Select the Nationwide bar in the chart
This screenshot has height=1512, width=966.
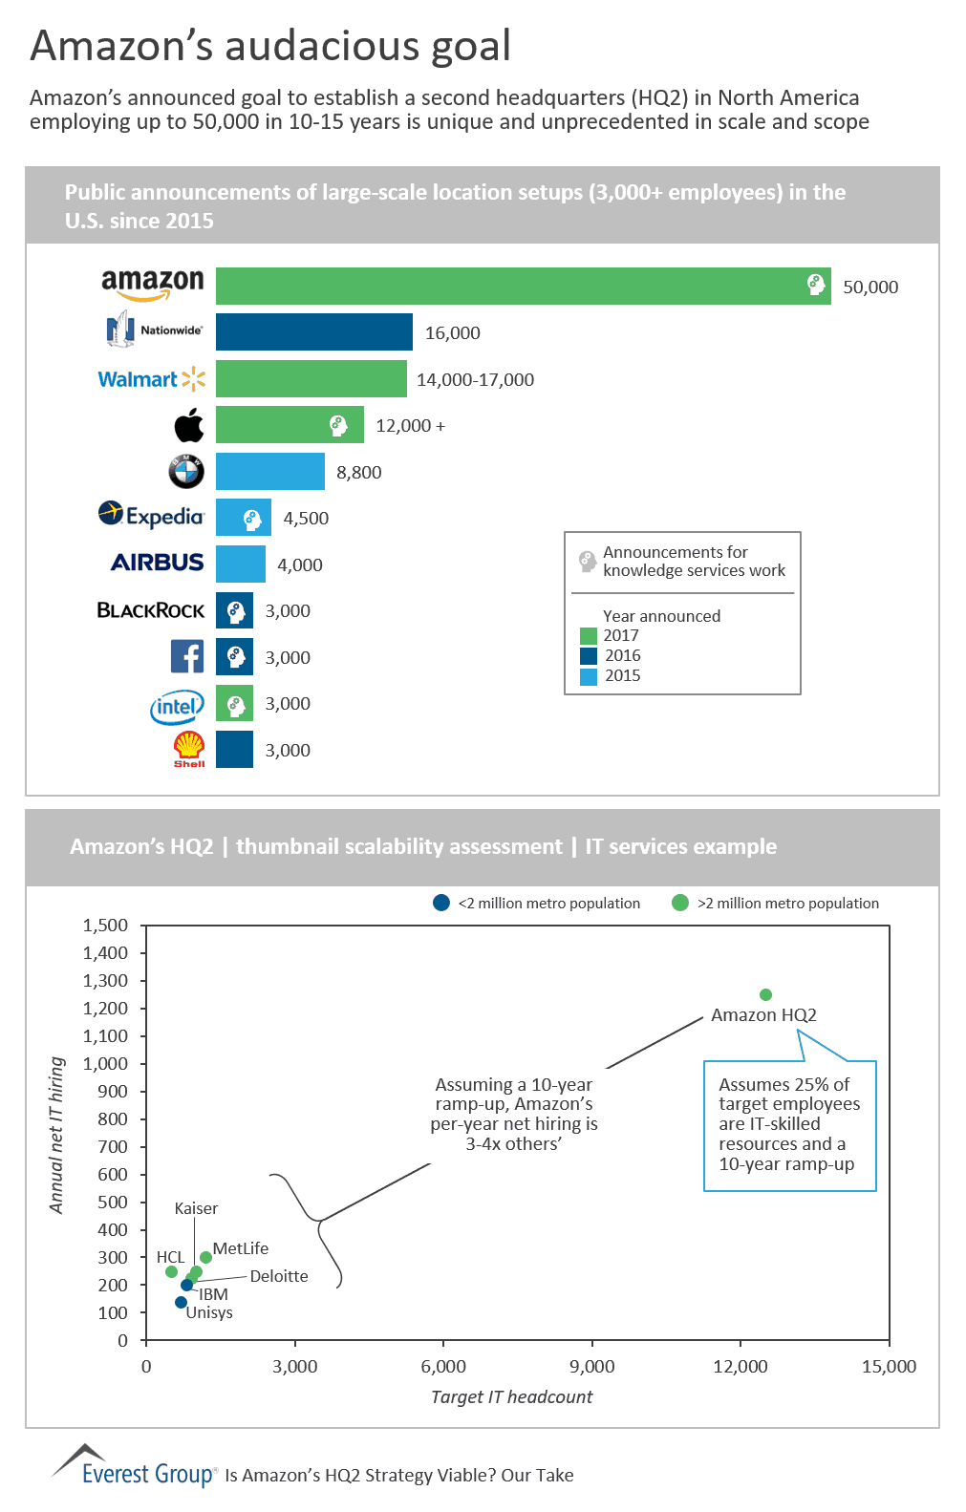pos(313,332)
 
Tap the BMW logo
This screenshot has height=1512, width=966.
pos(186,471)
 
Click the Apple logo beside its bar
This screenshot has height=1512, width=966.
pos(189,425)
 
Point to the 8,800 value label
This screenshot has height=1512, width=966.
pos(359,473)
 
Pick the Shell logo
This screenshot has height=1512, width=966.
pos(189,748)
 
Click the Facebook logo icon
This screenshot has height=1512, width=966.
pos(187,656)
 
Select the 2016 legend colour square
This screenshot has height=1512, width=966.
pos(589,655)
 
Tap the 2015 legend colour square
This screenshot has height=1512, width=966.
pos(589,676)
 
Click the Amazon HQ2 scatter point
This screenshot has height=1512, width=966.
pos(765,994)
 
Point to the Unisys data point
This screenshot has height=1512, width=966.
pos(182,1302)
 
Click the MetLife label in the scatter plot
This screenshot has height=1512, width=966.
pos(241,1248)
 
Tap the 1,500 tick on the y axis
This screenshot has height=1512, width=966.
pos(105,925)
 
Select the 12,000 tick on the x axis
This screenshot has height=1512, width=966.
pos(741,1367)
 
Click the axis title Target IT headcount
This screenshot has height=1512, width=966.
pos(511,1397)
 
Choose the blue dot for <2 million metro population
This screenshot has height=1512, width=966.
pos(441,903)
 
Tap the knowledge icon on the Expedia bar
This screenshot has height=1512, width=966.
pos(252,519)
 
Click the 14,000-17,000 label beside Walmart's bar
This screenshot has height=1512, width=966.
pos(475,380)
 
